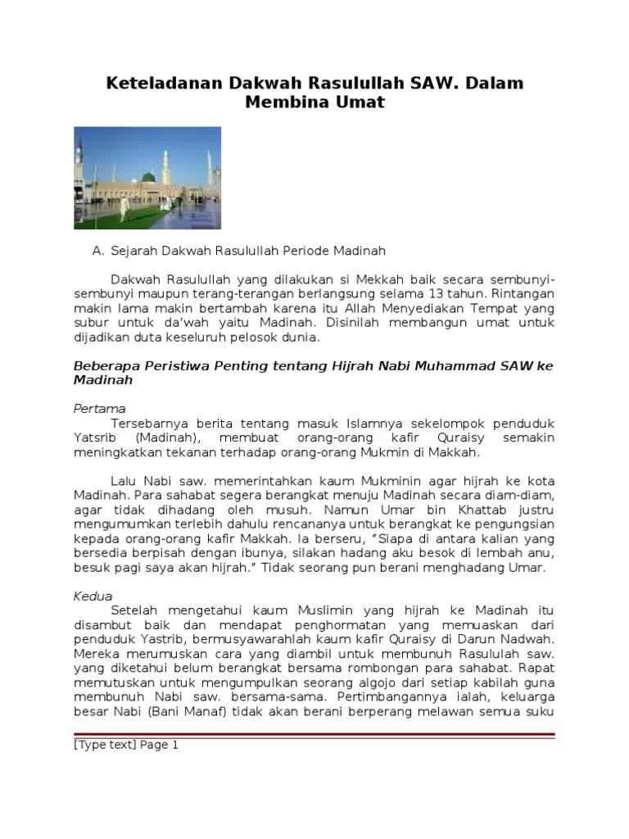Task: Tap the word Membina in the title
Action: coord(284,104)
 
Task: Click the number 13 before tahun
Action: coord(419,293)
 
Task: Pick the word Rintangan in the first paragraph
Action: coord(519,293)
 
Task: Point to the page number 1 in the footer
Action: coord(174,745)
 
